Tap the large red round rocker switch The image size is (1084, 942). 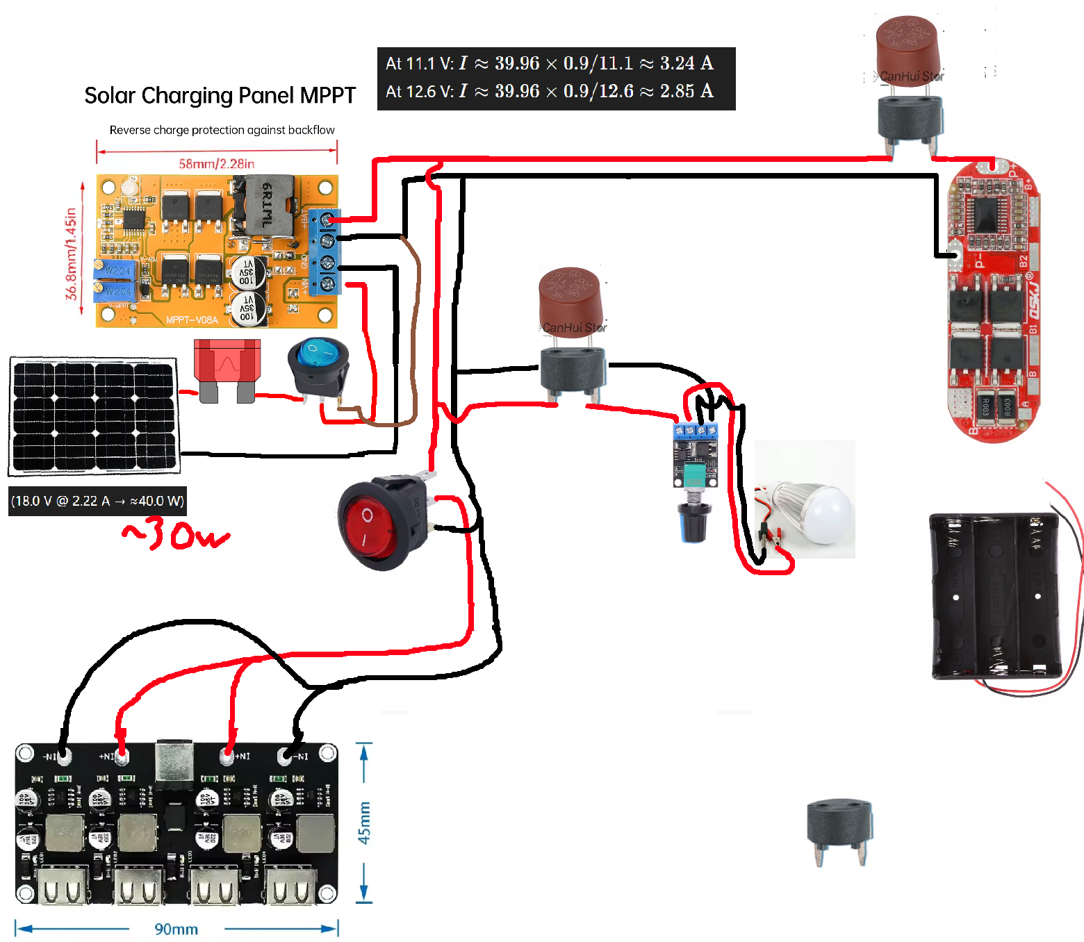pos(375,523)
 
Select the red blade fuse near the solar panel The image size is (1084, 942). pos(227,368)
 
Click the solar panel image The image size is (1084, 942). pos(94,415)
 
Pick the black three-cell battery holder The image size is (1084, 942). pos(995,595)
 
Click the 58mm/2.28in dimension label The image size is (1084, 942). pos(216,164)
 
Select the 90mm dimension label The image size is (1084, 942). pos(176,929)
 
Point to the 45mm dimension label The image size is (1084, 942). pos(364,823)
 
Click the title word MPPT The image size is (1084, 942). pos(328,96)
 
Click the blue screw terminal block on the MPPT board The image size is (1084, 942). pos(325,251)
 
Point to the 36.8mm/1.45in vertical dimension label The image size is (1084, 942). pos(71,254)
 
